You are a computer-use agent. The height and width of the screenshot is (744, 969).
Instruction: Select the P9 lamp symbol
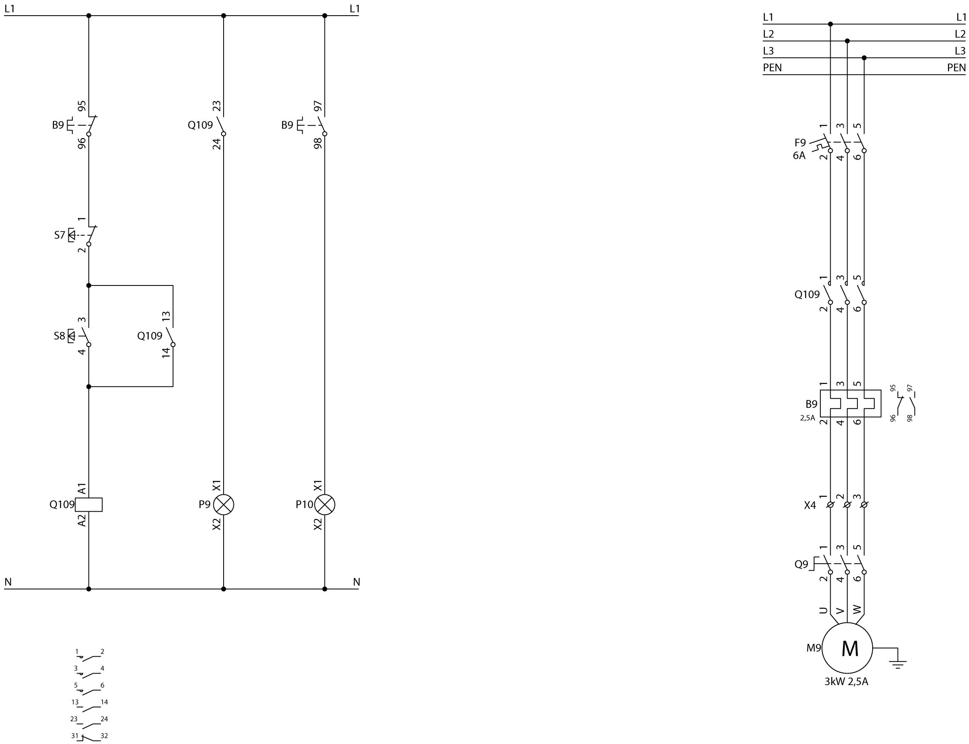pyautogui.click(x=224, y=504)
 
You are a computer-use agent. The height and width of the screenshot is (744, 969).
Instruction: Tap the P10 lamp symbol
pyautogui.click(x=325, y=504)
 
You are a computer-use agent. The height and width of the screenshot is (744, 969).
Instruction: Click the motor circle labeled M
pyautogui.click(x=847, y=648)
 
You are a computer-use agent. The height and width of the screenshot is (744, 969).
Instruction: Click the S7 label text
pyautogui.click(x=60, y=235)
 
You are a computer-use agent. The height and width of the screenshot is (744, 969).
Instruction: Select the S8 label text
pyautogui.click(x=59, y=336)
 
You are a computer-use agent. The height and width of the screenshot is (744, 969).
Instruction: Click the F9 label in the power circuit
pyautogui.click(x=800, y=143)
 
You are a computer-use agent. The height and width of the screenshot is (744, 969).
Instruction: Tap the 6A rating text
pyautogui.click(x=799, y=155)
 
